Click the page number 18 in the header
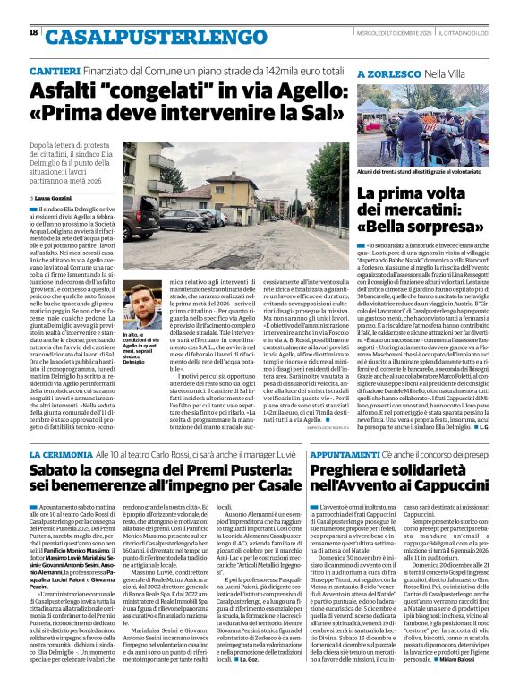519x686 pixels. pyautogui.click(x=33, y=33)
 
